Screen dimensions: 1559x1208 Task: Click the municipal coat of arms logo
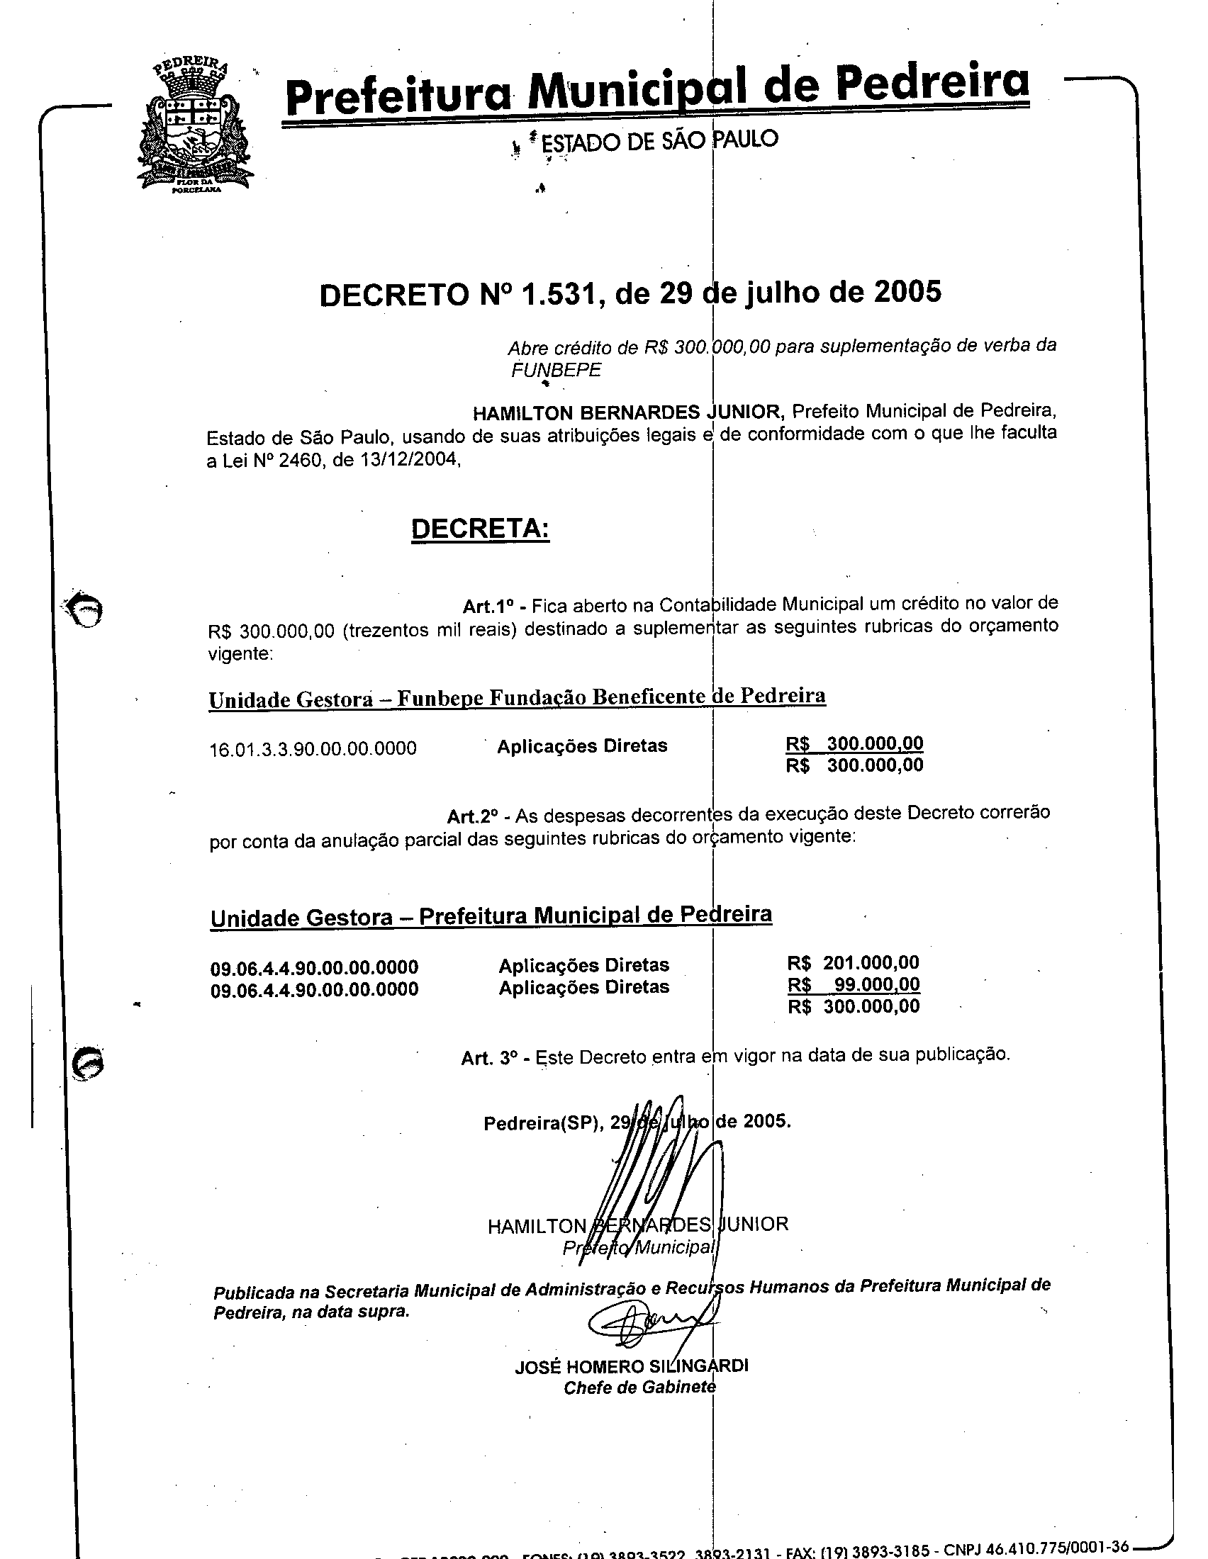coord(195,127)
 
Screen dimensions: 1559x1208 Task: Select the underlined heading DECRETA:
coord(481,528)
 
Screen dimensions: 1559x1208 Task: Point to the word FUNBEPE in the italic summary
coord(557,370)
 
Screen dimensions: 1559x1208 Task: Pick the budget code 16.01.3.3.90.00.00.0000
coord(313,749)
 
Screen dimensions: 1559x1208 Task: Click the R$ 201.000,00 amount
coord(853,962)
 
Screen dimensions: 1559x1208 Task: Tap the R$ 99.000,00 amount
coord(854,984)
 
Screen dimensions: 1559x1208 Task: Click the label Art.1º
coord(489,606)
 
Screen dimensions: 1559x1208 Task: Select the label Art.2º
coord(472,816)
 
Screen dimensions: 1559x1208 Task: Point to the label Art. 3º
coord(488,1058)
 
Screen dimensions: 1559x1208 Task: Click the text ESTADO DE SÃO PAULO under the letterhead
coord(659,140)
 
